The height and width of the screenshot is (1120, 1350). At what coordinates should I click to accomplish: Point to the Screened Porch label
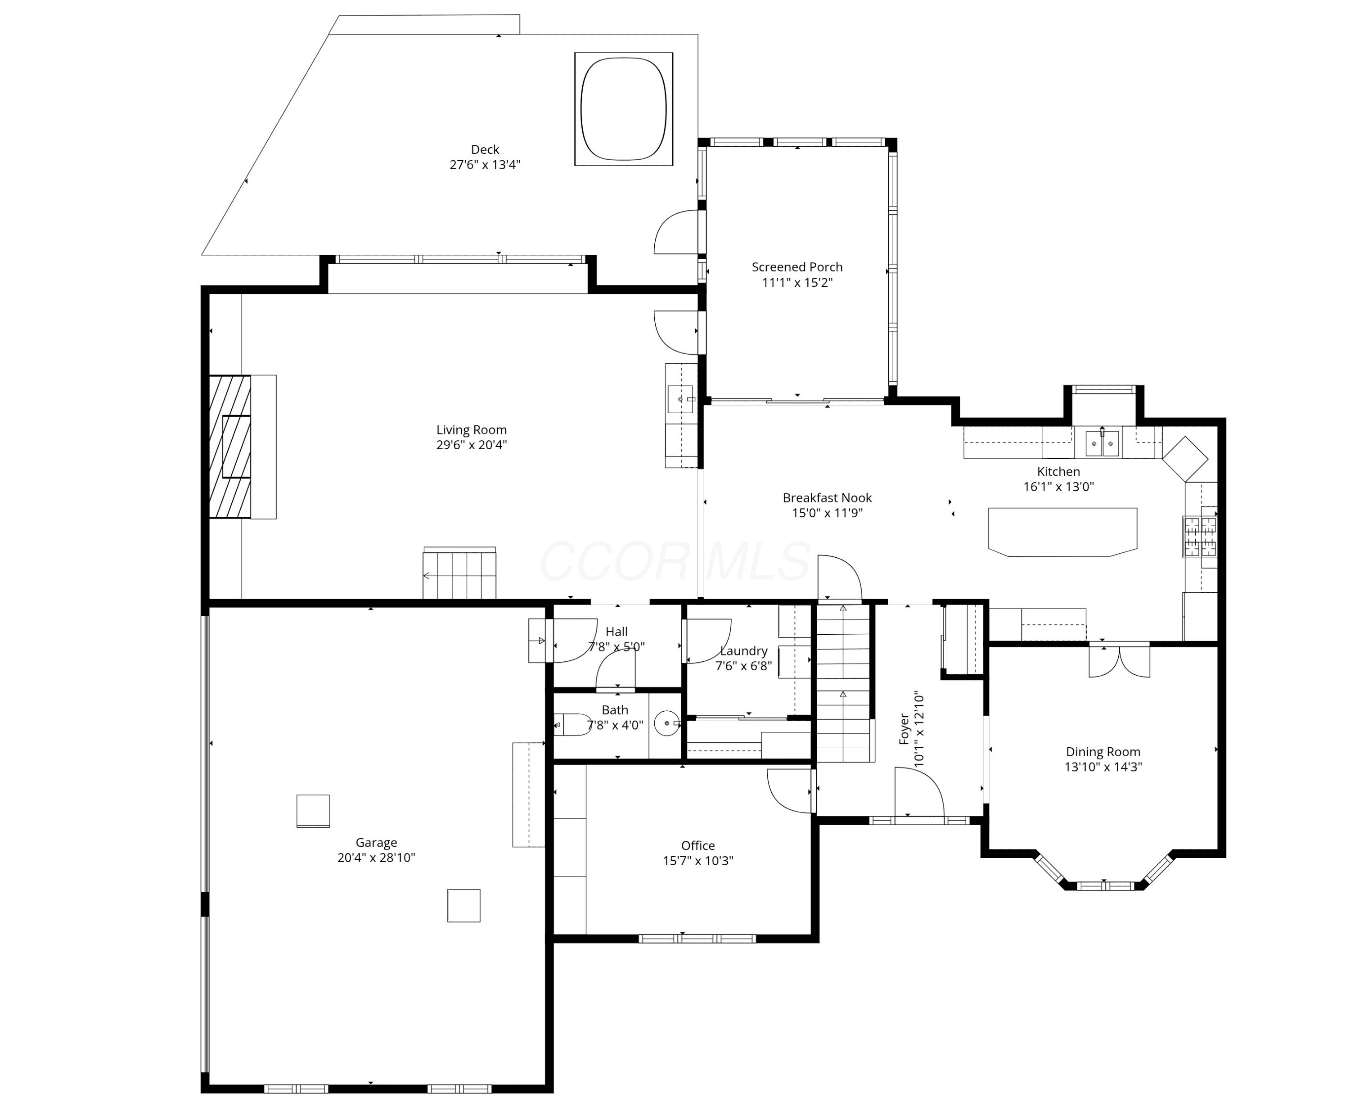point(797,267)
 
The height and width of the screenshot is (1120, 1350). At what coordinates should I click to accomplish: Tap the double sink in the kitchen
point(1102,443)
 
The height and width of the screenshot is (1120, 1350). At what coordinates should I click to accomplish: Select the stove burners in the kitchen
point(1200,536)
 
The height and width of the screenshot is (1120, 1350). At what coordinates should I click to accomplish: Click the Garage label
point(376,842)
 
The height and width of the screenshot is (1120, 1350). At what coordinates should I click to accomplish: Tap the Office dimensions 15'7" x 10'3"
point(698,861)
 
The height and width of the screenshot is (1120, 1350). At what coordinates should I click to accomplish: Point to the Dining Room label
point(1103,752)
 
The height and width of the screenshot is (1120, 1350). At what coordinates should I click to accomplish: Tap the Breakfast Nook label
point(828,497)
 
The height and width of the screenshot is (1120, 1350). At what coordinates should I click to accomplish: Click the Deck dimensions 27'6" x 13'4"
point(485,165)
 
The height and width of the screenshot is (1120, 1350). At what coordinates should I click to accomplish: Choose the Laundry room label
point(744,650)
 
